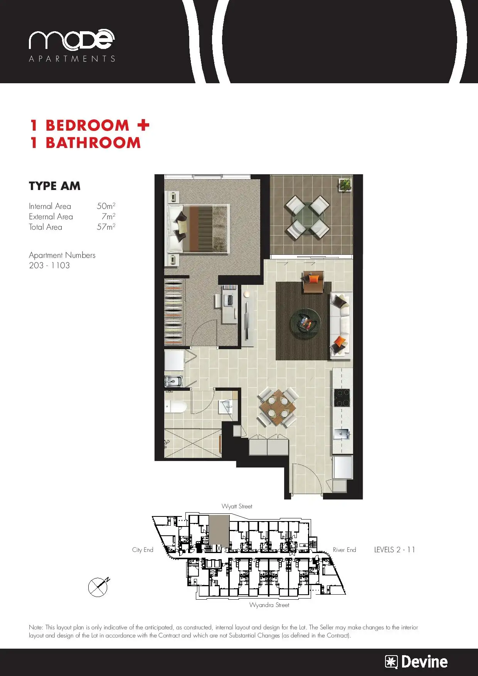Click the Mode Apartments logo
72,45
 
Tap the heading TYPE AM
55,186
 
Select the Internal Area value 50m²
106,206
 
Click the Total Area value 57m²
106,227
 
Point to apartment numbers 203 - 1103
49,265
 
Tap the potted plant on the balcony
345,185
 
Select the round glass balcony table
308,217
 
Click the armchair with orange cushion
313,282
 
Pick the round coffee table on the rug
305,322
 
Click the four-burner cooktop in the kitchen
342,398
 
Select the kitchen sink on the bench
342,434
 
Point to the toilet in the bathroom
175,407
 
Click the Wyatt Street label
237,506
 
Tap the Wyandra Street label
269,605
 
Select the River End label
344,550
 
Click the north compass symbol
99,587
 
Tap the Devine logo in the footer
416,662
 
